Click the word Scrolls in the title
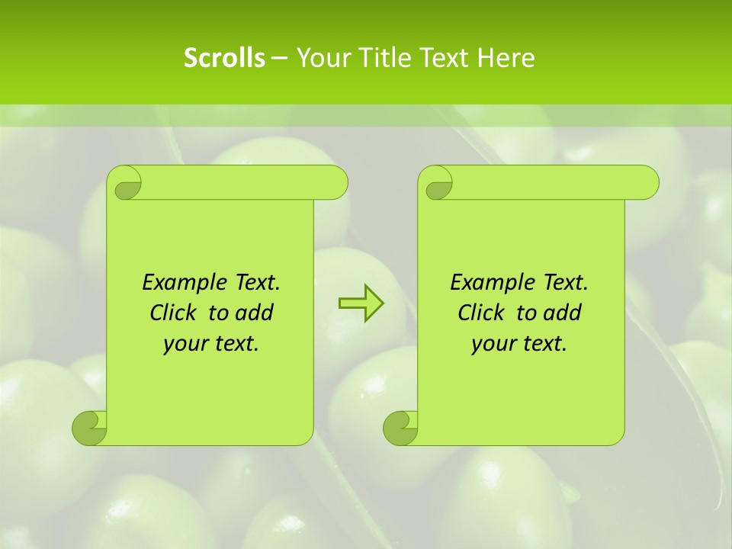point(225,58)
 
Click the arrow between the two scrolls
point(361,303)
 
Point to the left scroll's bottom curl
point(89,428)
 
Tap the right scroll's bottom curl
point(400,428)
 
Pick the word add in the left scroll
point(255,313)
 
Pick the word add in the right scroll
point(563,313)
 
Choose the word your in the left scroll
point(186,344)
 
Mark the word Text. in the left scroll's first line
point(255,283)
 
